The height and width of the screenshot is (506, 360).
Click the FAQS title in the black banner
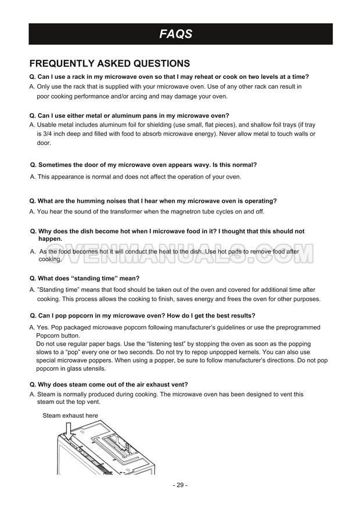pyautogui.click(x=176, y=34)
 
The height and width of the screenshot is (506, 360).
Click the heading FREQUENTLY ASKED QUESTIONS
pyautogui.click(x=109, y=63)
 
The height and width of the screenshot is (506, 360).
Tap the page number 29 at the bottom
pyautogui.click(x=180, y=485)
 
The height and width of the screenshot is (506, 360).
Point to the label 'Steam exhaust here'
pyautogui.click(x=70, y=415)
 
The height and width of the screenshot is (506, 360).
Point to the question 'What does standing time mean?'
pyautogui.click(x=84, y=279)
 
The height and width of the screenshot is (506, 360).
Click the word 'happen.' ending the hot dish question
pyautogui.click(x=50, y=238)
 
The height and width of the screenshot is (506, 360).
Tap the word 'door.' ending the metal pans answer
pyautogui.click(x=44, y=143)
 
